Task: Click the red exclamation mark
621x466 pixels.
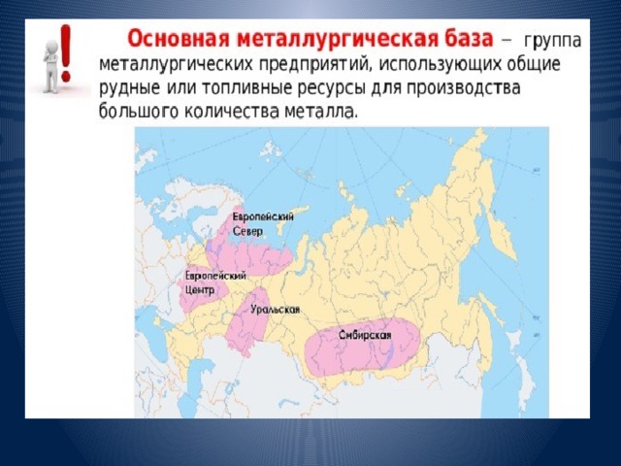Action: [x=66, y=52]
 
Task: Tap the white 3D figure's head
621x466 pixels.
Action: [x=51, y=47]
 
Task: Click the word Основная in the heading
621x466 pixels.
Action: [x=180, y=40]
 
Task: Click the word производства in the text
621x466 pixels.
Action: [x=461, y=88]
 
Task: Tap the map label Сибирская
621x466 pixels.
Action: [x=365, y=335]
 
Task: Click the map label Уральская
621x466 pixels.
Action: [x=275, y=310]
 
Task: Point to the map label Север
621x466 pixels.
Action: [x=247, y=231]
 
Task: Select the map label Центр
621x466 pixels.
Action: [x=200, y=290]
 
